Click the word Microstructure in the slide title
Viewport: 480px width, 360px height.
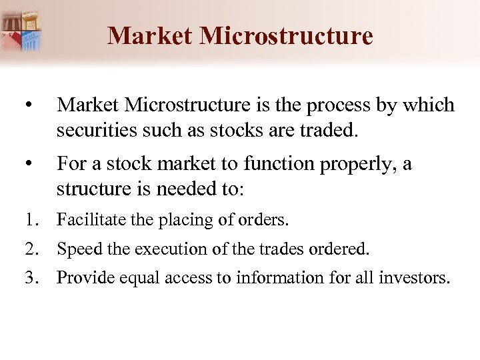[286, 35]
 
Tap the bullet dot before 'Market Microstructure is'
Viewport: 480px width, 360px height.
[24, 106]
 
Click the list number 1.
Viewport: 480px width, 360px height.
[31, 219]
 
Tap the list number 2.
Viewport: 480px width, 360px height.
[31, 249]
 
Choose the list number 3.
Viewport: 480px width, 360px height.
[31, 277]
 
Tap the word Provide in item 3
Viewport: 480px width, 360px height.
[83, 277]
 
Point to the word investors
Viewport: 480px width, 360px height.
[416, 277]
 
